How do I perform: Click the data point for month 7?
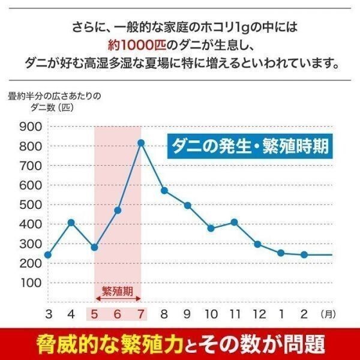(x=141, y=143)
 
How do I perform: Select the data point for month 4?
(x=71, y=223)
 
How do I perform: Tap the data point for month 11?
(x=234, y=223)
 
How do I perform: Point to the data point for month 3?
(x=48, y=254)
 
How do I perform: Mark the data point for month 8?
(x=164, y=190)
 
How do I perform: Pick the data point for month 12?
(x=257, y=244)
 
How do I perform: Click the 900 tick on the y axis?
(x=30, y=127)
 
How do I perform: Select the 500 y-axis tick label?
(x=30, y=205)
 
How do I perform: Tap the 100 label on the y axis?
(x=30, y=282)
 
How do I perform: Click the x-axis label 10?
(x=211, y=313)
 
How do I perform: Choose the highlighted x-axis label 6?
(x=118, y=313)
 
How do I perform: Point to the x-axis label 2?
(x=304, y=313)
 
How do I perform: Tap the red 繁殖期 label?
(x=118, y=292)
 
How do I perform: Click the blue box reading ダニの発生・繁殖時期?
(x=249, y=146)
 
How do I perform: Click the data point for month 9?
(x=187, y=205)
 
